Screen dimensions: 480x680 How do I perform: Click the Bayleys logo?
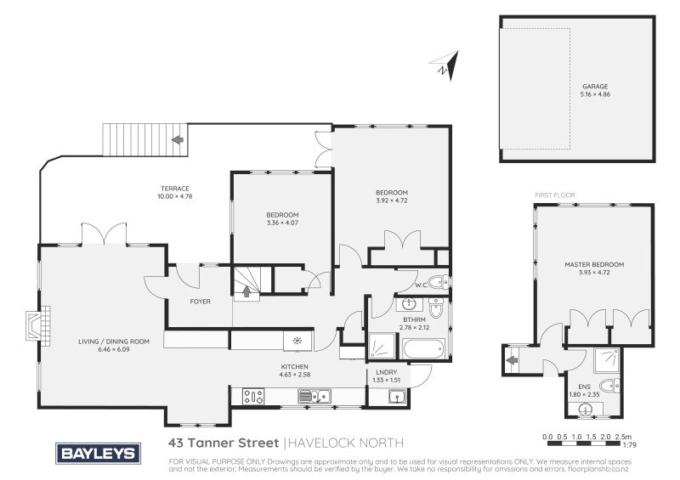tap(97, 453)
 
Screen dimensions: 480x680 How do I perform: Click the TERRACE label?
tap(174, 189)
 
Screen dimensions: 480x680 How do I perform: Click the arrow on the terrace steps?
tap(178, 139)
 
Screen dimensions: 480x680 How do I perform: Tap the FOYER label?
tap(200, 302)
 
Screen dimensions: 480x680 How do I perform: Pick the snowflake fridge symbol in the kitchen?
tap(297, 341)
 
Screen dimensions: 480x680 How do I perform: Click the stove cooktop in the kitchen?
tap(253, 395)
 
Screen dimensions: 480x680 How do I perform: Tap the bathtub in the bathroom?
tap(422, 348)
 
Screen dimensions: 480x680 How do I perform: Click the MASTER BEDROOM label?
tap(594, 265)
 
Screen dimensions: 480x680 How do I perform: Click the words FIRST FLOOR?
tap(554, 195)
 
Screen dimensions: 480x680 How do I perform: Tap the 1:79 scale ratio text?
tap(630, 444)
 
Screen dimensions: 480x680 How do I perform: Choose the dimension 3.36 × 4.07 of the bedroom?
tap(282, 222)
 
